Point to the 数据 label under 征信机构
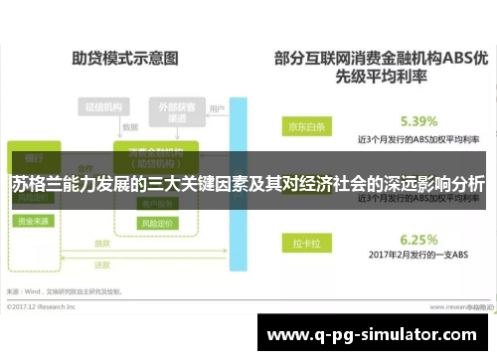(129, 128)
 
